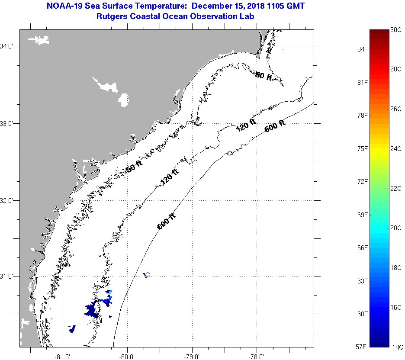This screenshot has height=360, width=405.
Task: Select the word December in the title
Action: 211,6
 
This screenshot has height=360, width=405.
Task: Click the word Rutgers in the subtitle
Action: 112,16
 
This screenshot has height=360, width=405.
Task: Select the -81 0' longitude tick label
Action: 63,357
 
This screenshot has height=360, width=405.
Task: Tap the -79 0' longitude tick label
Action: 192,357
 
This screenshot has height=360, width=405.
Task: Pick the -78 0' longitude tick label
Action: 256,357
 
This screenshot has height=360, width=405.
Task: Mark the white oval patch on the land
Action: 124,100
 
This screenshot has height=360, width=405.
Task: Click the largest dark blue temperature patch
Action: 92,310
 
